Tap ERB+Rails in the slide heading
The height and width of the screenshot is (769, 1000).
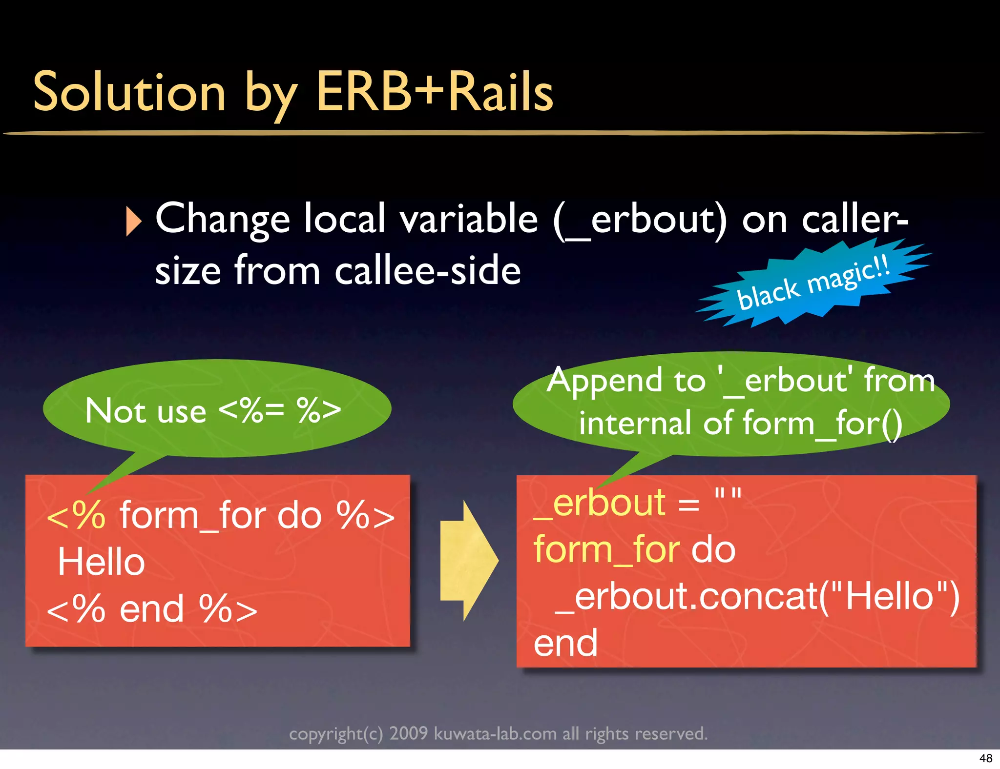pos(435,92)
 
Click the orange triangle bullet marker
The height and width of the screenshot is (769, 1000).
pos(133,221)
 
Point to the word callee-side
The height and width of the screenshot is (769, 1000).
pos(427,271)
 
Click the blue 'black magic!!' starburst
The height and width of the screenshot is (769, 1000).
pos(813,283)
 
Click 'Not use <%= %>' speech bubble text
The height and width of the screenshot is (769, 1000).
pos(213,411)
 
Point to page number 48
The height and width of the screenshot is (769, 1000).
pos(985,758)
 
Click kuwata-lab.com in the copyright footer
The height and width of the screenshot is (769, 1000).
pos(495,734)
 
